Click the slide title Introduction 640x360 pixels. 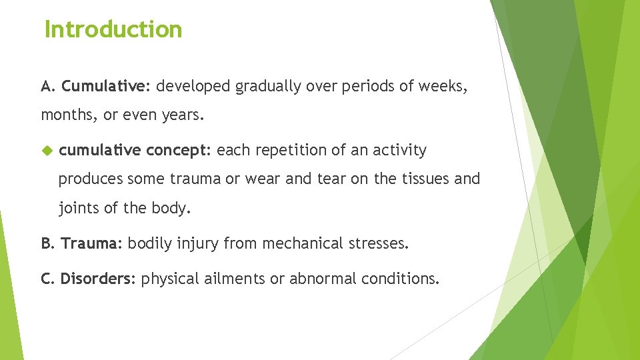pos(113,29)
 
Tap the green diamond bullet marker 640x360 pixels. pos(46,151)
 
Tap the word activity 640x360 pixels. pos(399,151)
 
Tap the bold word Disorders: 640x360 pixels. pos(98,279)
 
